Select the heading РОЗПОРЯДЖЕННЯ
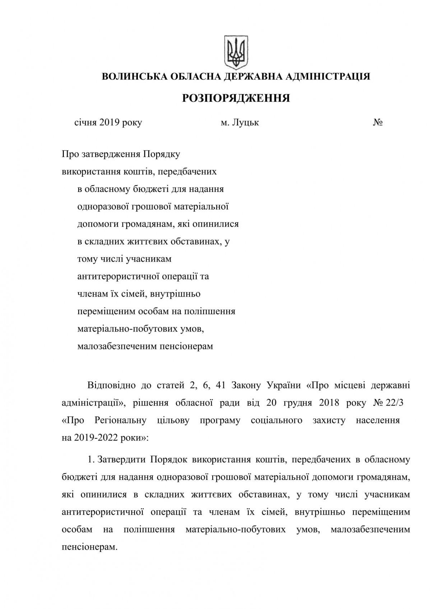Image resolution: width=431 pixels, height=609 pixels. pos(236,98)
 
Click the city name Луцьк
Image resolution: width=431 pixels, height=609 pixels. pos(245,123)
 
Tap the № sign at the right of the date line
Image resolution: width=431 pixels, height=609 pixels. pos(377,123)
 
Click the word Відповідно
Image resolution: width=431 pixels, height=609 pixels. pos(112,386)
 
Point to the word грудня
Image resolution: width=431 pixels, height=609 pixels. pos(301,403)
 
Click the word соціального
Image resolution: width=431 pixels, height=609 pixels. pos(277,420)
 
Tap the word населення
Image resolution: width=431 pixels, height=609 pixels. pos(378,420)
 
